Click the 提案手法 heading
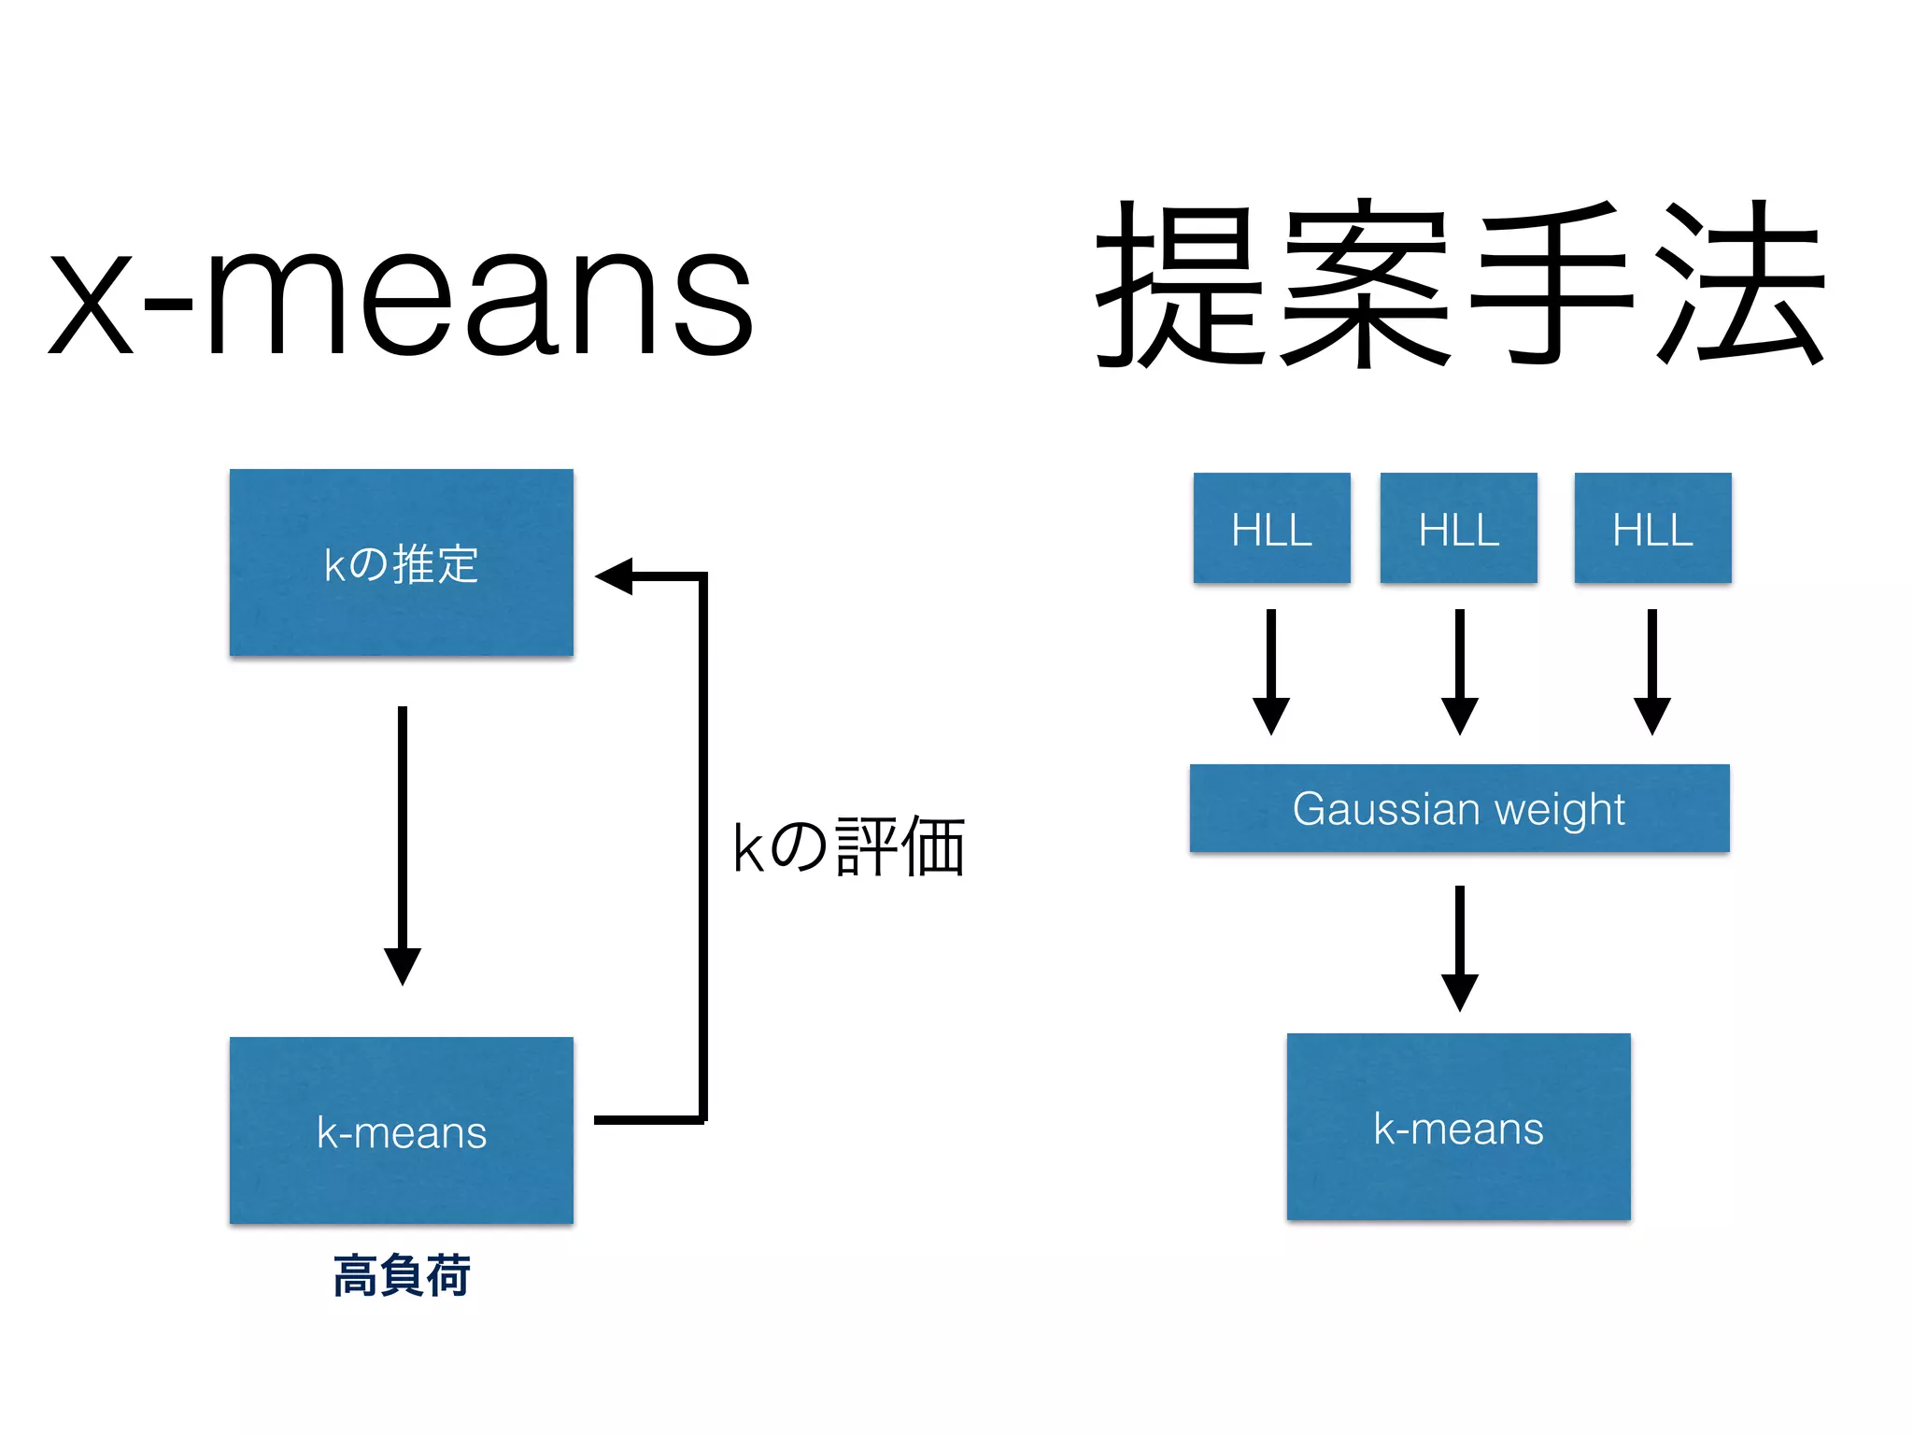coord(1459,285)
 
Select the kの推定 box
coord(402,562)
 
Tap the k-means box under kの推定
coord(402,1130)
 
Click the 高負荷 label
coord(402,1275)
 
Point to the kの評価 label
coord(848,846)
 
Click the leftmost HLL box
coord(1271,529)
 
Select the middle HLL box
coord(1458,529)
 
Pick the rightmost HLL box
coord(1652,529)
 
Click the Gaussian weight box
coord(1459,808)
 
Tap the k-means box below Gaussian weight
coord(1458,1127)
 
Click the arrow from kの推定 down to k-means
coord(403,841)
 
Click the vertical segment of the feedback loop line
coord(703,845)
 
